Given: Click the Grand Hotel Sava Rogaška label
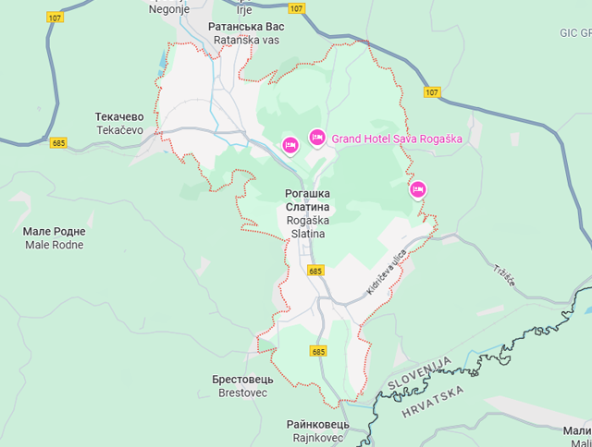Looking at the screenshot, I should [x=396, y=139].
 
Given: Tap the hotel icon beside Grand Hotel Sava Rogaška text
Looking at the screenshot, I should [x=317, y=138].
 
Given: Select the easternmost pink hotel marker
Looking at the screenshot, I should [x=417, y=189].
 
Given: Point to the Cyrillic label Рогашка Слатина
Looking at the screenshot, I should [x=307, y=199].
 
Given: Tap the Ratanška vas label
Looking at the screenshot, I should [x=246, y=41].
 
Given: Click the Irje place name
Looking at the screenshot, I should [x=244, y=9].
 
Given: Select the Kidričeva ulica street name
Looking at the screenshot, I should [x=386, y=275].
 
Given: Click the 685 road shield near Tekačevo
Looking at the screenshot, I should [x=59, y=143].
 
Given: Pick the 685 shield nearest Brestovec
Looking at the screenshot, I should [x=318, y=352].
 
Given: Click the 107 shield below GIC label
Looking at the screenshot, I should [x=433, y=92].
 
